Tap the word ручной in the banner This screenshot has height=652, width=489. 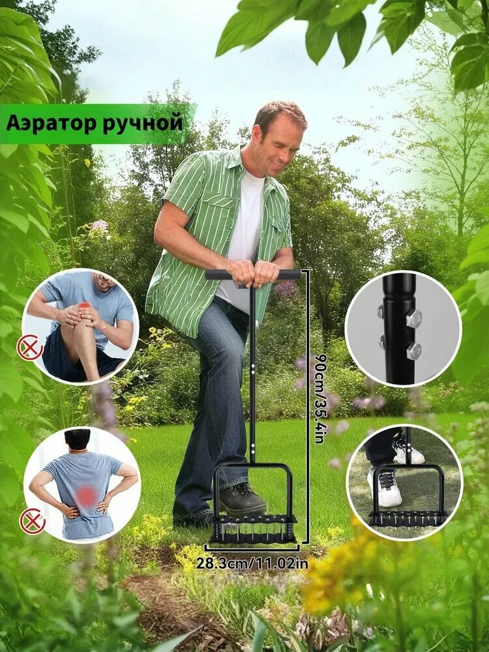141,123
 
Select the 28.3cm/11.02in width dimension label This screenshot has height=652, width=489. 252,562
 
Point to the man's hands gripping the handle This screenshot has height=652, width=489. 254,273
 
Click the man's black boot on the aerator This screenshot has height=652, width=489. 241,501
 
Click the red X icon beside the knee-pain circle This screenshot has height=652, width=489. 29,348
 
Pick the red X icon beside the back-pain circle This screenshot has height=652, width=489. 32,521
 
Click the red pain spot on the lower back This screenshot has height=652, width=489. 86,497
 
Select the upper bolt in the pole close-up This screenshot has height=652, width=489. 413,318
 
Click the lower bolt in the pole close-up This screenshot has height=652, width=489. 413,351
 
